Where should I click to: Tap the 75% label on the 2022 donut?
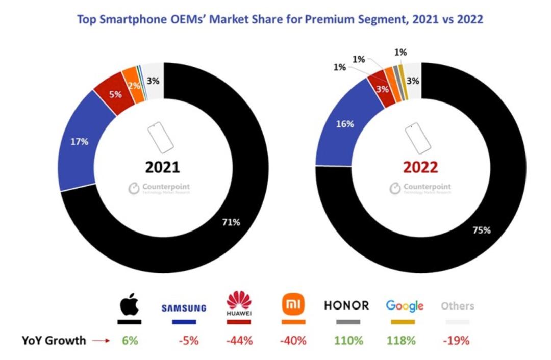481,230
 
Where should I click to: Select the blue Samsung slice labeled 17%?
79,142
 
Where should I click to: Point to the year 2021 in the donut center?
162,167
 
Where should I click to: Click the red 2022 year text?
420,167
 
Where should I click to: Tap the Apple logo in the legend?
129,305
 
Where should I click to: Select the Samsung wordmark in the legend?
184,308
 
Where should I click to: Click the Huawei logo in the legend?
239,305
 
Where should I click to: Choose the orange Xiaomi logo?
293,305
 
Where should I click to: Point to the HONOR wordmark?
346,305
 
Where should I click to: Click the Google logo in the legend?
405,306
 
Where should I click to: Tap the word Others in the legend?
457,306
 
